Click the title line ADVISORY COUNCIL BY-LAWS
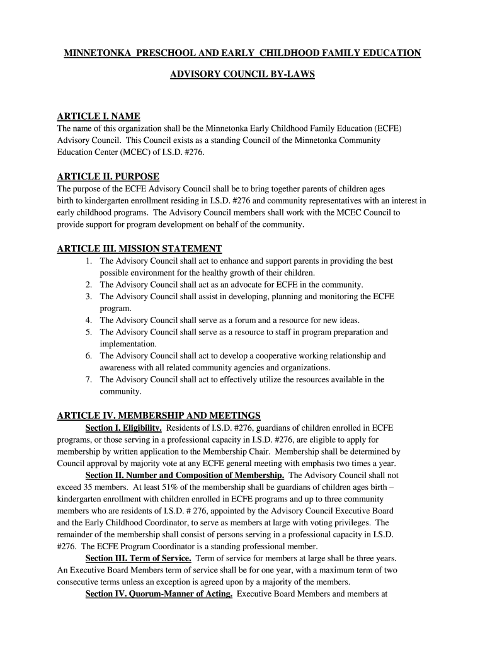click(x=243, y=74)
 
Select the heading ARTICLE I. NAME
click(x=98, y=117)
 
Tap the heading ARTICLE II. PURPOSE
click(x=108, y=176)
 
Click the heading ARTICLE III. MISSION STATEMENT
click(x=139, y=249)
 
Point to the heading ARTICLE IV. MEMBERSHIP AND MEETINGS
click(x=159, y=416)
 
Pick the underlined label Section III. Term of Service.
click(x=138, y=559)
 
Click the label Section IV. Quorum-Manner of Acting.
click(x=159, y=594)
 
